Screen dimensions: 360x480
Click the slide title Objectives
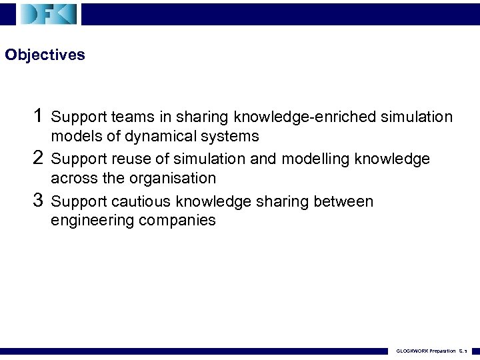tap(45, 55)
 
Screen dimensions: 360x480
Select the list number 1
tap(39, 116)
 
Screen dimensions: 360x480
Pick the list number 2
tap(39, 158)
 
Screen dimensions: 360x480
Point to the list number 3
tap(39, 200)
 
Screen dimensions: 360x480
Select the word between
tap(344, 201)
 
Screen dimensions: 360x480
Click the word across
tap(72, 178)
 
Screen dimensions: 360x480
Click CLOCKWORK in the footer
tap(411, 351)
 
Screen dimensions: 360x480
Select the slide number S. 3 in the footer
tap(465, 351)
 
